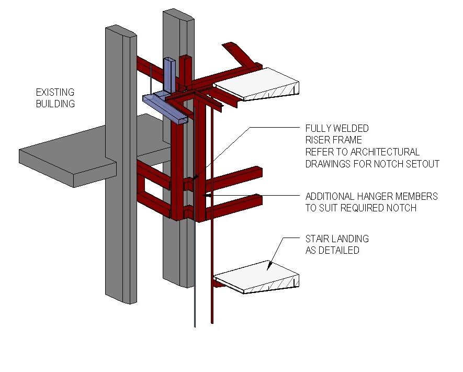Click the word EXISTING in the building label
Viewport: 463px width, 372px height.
pyautogui.click(x=55, y=93)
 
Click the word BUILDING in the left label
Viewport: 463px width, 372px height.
pyautogui.click(x=55, y=104)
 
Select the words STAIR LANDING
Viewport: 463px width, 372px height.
pyautogui.click(x=337, y=239)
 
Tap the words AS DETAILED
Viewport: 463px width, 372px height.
pyautogui.click(x=332, y=250)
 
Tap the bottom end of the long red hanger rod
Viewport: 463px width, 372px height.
pyautogui.click(x=212, y=320)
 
